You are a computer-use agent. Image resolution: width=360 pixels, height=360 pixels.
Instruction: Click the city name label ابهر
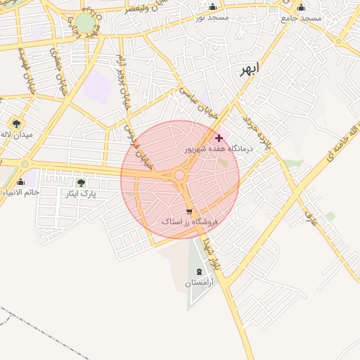coord(249,69)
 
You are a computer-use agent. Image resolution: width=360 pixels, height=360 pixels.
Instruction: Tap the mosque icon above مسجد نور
coord(213,6)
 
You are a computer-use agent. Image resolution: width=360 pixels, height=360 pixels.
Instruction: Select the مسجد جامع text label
coord(301,18)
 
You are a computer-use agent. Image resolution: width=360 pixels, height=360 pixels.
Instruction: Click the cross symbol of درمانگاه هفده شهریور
coord(219,138)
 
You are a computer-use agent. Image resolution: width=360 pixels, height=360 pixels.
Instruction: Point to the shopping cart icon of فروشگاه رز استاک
coord(189,211)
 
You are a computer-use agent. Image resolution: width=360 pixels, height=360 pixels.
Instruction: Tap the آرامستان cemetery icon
coord(198,271)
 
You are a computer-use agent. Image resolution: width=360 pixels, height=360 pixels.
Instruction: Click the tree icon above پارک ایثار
coord(81,183)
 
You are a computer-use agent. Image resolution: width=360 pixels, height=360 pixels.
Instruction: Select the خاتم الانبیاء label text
coord(21,192)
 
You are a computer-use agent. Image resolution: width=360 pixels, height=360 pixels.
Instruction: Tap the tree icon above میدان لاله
coord(16,124)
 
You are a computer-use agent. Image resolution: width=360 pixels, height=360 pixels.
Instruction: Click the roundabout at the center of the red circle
coord(180,175)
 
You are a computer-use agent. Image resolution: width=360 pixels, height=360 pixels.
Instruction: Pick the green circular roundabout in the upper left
coord(85,23)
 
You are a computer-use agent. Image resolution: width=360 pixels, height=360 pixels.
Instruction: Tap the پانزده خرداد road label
coord(261,131)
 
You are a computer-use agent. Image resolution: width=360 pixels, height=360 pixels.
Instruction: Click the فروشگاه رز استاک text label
coord(190,221)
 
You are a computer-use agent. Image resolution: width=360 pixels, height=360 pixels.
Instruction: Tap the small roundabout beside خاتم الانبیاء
coord(25,164)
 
